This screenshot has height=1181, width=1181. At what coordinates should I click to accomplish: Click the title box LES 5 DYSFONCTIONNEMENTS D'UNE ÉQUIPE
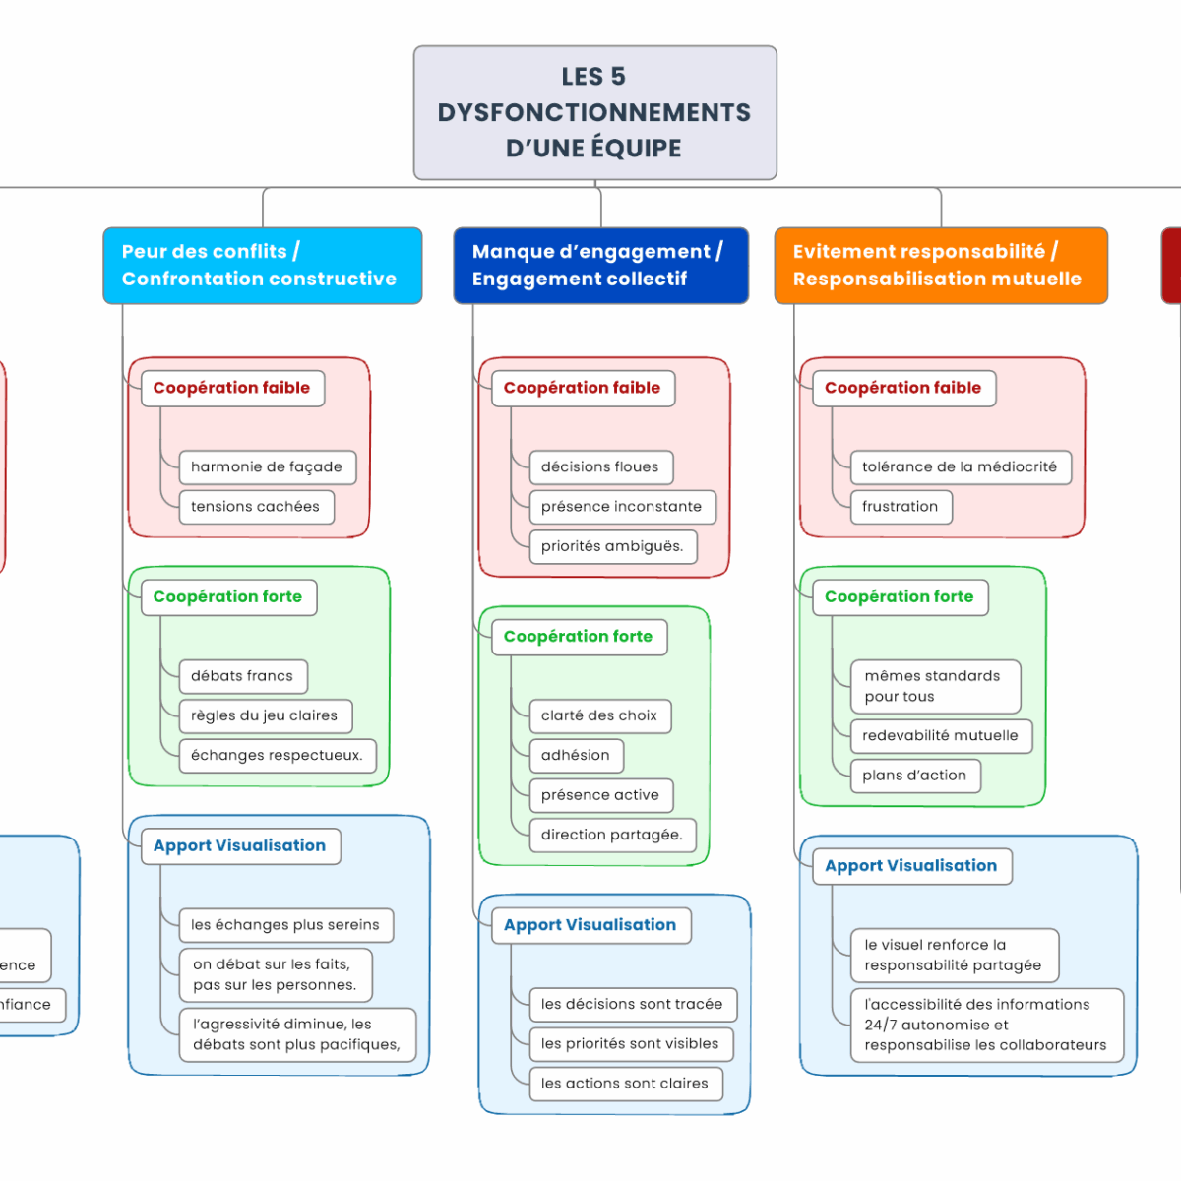coord(594,112)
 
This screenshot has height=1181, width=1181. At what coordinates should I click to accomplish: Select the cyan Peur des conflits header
coord(262,266)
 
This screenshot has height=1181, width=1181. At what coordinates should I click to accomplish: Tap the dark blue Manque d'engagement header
coord(600,266)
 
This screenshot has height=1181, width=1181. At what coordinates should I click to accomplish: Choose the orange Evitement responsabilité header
coord(940,266)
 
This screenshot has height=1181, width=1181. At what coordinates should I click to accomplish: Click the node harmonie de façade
coord(267,467)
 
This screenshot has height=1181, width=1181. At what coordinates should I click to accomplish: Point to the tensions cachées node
coord(256,507)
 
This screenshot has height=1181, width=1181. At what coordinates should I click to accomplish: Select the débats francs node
coord(242,676)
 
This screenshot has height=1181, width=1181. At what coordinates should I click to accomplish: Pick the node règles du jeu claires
coord(265,715)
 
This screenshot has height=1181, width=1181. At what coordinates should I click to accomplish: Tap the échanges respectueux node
coord(277,756)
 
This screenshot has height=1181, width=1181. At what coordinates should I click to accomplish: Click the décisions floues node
coord(600,467)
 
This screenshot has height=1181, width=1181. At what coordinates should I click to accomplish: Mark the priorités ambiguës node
coord(612,546)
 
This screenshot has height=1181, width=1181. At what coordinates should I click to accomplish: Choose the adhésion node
coord(576,756)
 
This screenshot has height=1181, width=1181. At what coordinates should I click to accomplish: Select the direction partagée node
coord(611,835)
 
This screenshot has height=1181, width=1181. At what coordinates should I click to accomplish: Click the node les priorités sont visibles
coord(630,1044)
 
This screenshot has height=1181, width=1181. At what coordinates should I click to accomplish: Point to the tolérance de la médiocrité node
coord(960,467)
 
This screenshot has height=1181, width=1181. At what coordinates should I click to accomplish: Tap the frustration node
coord(901,507)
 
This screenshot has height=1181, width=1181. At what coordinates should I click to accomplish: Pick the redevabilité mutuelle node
coord(941,735)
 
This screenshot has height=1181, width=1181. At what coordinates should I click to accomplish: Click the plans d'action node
coord(914,776)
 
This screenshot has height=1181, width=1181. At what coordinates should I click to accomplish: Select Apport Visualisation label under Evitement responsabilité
coord(911,866)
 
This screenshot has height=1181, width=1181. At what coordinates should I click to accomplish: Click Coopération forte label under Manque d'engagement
coord(579,637)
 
